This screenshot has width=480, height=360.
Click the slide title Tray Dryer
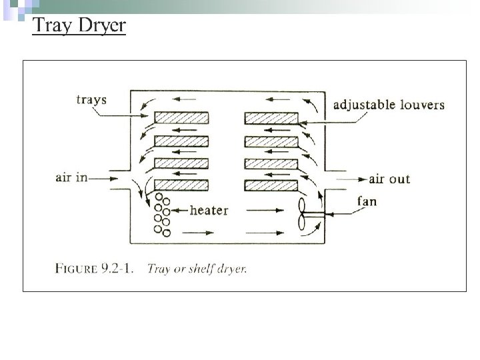click(x=79, y=26)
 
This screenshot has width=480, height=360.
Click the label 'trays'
click(x=91, y=101)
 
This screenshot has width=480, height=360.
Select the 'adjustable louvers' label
click(x=389, y=105)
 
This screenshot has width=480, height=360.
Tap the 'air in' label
click(x=72, y=178)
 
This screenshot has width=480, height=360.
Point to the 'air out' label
click(x=389, y=179)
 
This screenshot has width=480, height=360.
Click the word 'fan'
click(x=367, y=201)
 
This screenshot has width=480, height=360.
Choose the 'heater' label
click(x=209, y=211)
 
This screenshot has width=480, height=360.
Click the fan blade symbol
click(x=304, y=216)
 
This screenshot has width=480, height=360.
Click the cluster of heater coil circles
click(x=162, y=214)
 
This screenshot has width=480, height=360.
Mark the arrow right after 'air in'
click(x=98, y=179)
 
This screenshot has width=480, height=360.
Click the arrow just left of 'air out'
click(x=355, y=179)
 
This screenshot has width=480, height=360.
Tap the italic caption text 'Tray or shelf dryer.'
click(x=196, y=269)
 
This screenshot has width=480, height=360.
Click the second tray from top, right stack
click(x=271, y=141)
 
